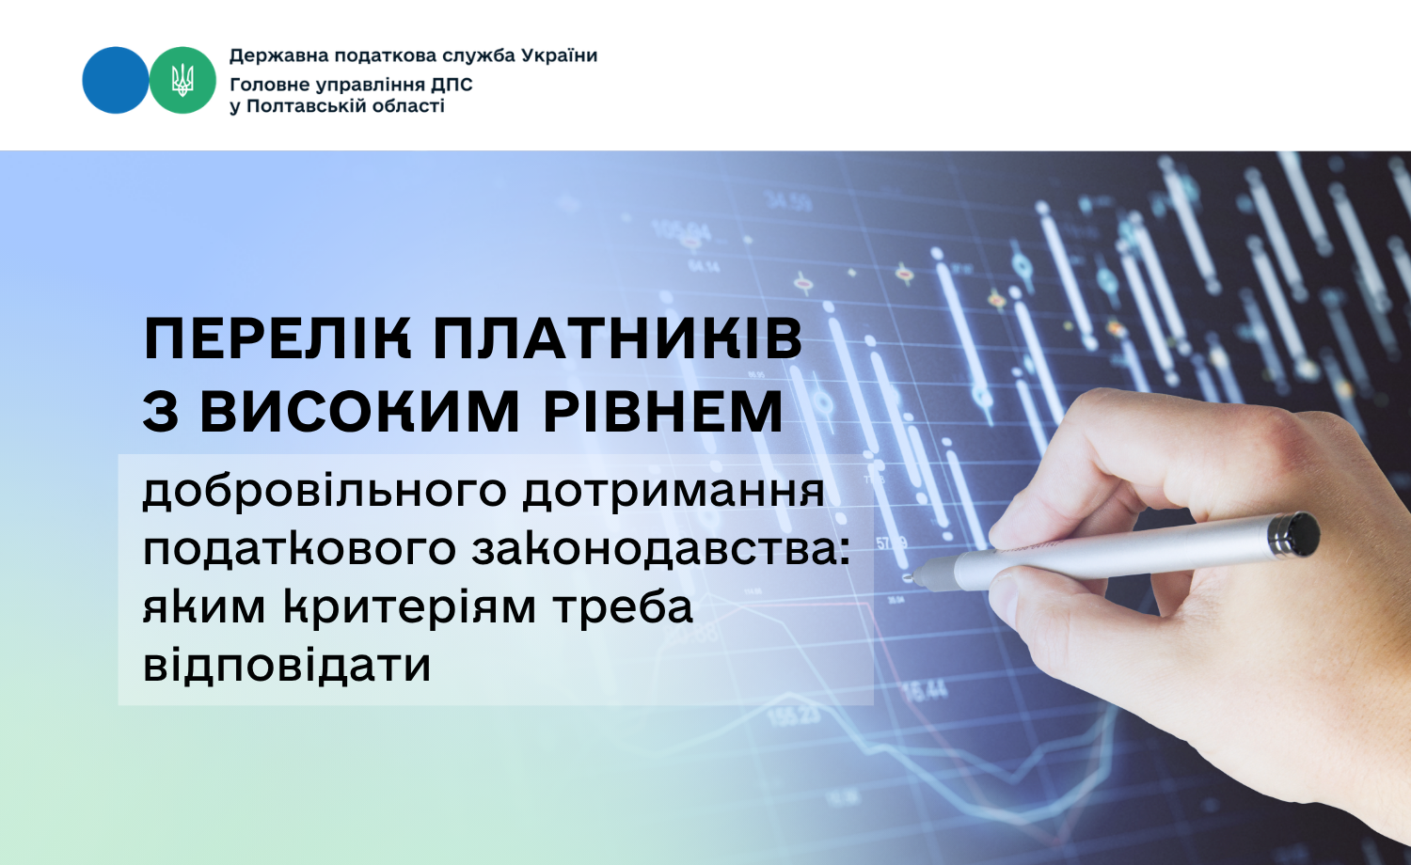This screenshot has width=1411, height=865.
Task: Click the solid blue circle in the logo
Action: click(x=116, y=80)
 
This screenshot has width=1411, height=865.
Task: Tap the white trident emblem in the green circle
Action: click(x=182, y=80)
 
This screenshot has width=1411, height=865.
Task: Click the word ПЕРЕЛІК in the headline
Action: click(x=277, y=338)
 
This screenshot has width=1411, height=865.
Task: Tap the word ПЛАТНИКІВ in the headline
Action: click(x=618, y=338)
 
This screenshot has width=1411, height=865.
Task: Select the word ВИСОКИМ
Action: click(x=359, y=412)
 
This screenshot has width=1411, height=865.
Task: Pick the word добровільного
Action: click(x=325, y=492)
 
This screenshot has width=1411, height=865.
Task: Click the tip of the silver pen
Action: click(x=907, y=577)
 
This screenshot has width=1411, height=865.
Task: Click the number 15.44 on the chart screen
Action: click(x=926, y=690)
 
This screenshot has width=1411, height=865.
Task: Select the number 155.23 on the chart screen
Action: click(x=794, y=716)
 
